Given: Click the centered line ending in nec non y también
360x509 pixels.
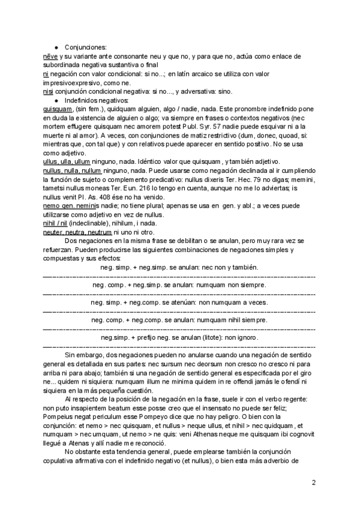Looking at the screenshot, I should pyautogui.click(x=179, y=267).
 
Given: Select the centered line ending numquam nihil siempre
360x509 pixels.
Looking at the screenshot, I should pyautogui.click(x=179, y=320).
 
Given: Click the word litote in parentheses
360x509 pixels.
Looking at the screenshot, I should pyautogui.click(x=214, y=337).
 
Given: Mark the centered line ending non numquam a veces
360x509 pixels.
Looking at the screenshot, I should pyautogui.click(x=179, y=302).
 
